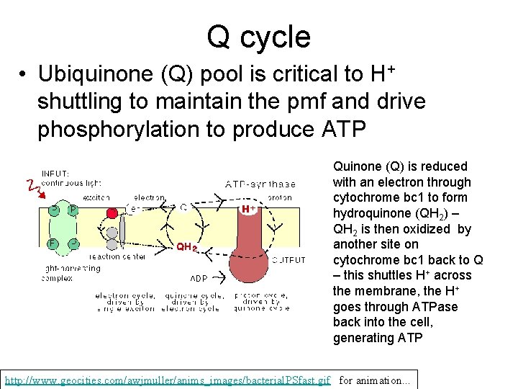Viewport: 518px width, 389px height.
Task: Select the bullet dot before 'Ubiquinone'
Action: click(24, 75)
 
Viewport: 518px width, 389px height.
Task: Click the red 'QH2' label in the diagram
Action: click(187, 247)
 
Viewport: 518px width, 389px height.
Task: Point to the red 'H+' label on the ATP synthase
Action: click(248, 209)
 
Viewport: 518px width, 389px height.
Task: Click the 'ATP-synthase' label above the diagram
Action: click(260, 184)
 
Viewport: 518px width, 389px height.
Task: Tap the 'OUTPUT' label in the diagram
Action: click(288, 259)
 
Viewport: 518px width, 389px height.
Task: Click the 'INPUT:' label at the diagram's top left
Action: click(55, 174)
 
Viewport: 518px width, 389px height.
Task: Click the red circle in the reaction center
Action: click(112, 214)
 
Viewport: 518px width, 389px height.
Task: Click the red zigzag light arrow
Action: click(31, 186)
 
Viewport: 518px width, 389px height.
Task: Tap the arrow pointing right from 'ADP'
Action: click(219, 277)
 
